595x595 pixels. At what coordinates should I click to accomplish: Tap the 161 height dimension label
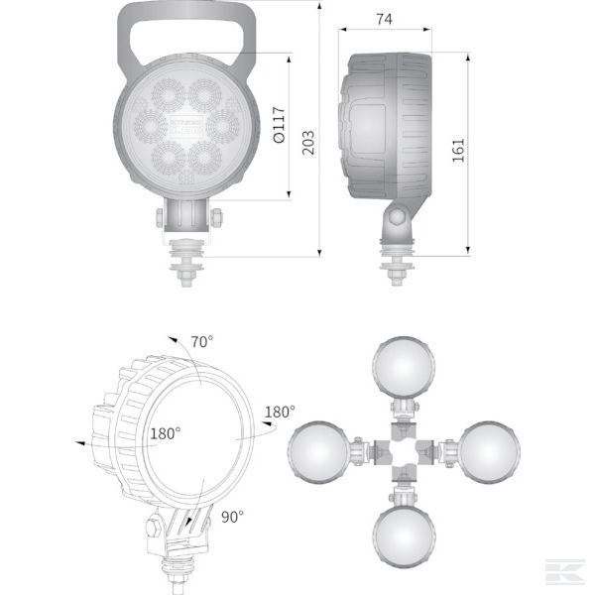tap(457, 151)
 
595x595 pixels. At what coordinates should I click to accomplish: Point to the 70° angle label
tap(202, 342)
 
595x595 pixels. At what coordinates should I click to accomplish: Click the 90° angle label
tap(232, 516)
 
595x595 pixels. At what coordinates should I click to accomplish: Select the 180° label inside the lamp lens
tap(165, 433)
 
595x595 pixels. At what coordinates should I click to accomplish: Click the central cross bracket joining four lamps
tap(404, 452)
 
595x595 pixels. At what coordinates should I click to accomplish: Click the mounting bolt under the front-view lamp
tap(186, 263)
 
